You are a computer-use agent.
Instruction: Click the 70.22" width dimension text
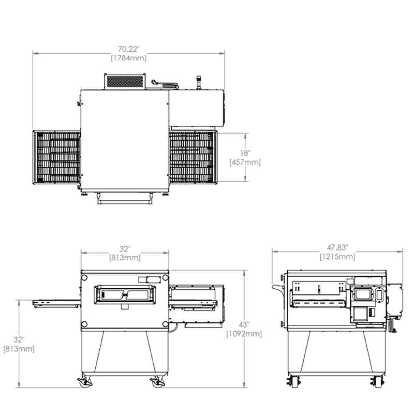[128, 49]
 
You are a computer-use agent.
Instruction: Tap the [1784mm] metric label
[128, 58]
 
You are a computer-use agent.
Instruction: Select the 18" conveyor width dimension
[245, 153]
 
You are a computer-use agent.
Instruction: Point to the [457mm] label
[245, 162]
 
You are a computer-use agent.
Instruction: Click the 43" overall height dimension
[244, 324]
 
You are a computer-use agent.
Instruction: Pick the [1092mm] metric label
[244, 334]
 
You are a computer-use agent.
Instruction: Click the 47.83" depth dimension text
[337, 247]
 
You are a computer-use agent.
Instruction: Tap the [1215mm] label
[337, 256]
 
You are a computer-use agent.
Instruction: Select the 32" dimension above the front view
[125, 248]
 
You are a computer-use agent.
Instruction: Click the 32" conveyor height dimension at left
[19, 339]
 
